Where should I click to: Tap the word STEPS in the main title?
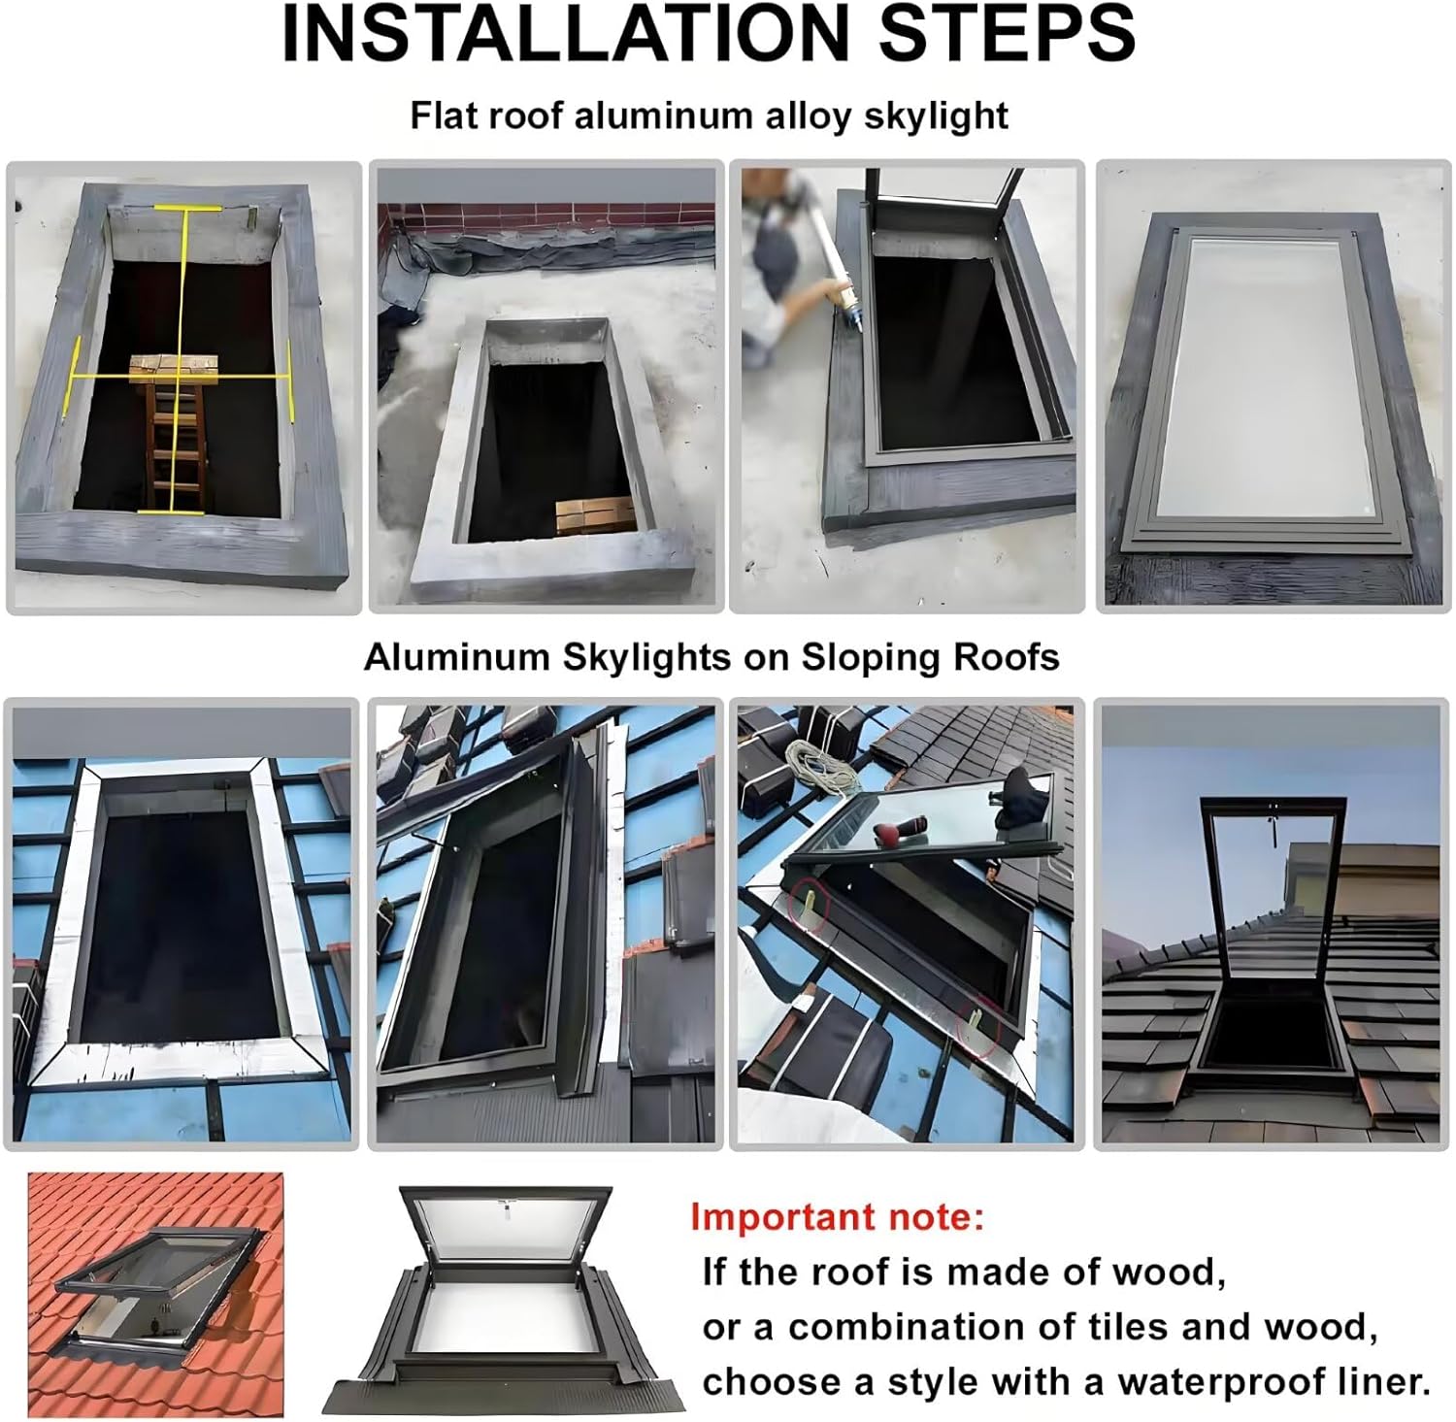tap(1007, 35)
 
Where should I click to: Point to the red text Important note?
tap(837, 1216)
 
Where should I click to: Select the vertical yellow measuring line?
tap(182, 359)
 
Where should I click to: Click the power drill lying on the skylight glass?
tap(898, 834)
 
